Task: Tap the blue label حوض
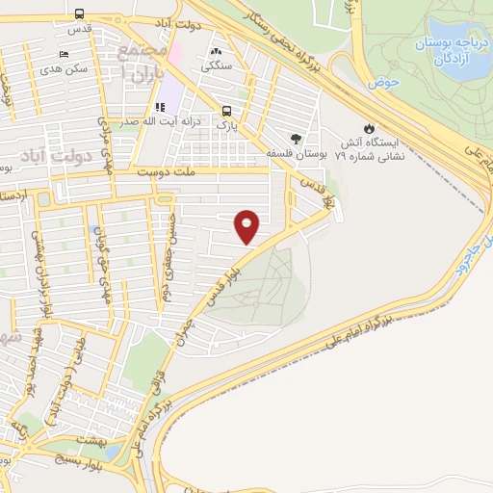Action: click(x=386, y=84)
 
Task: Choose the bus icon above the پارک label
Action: click(x=226, y=111)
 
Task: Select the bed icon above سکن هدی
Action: click(x=64, y=54)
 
